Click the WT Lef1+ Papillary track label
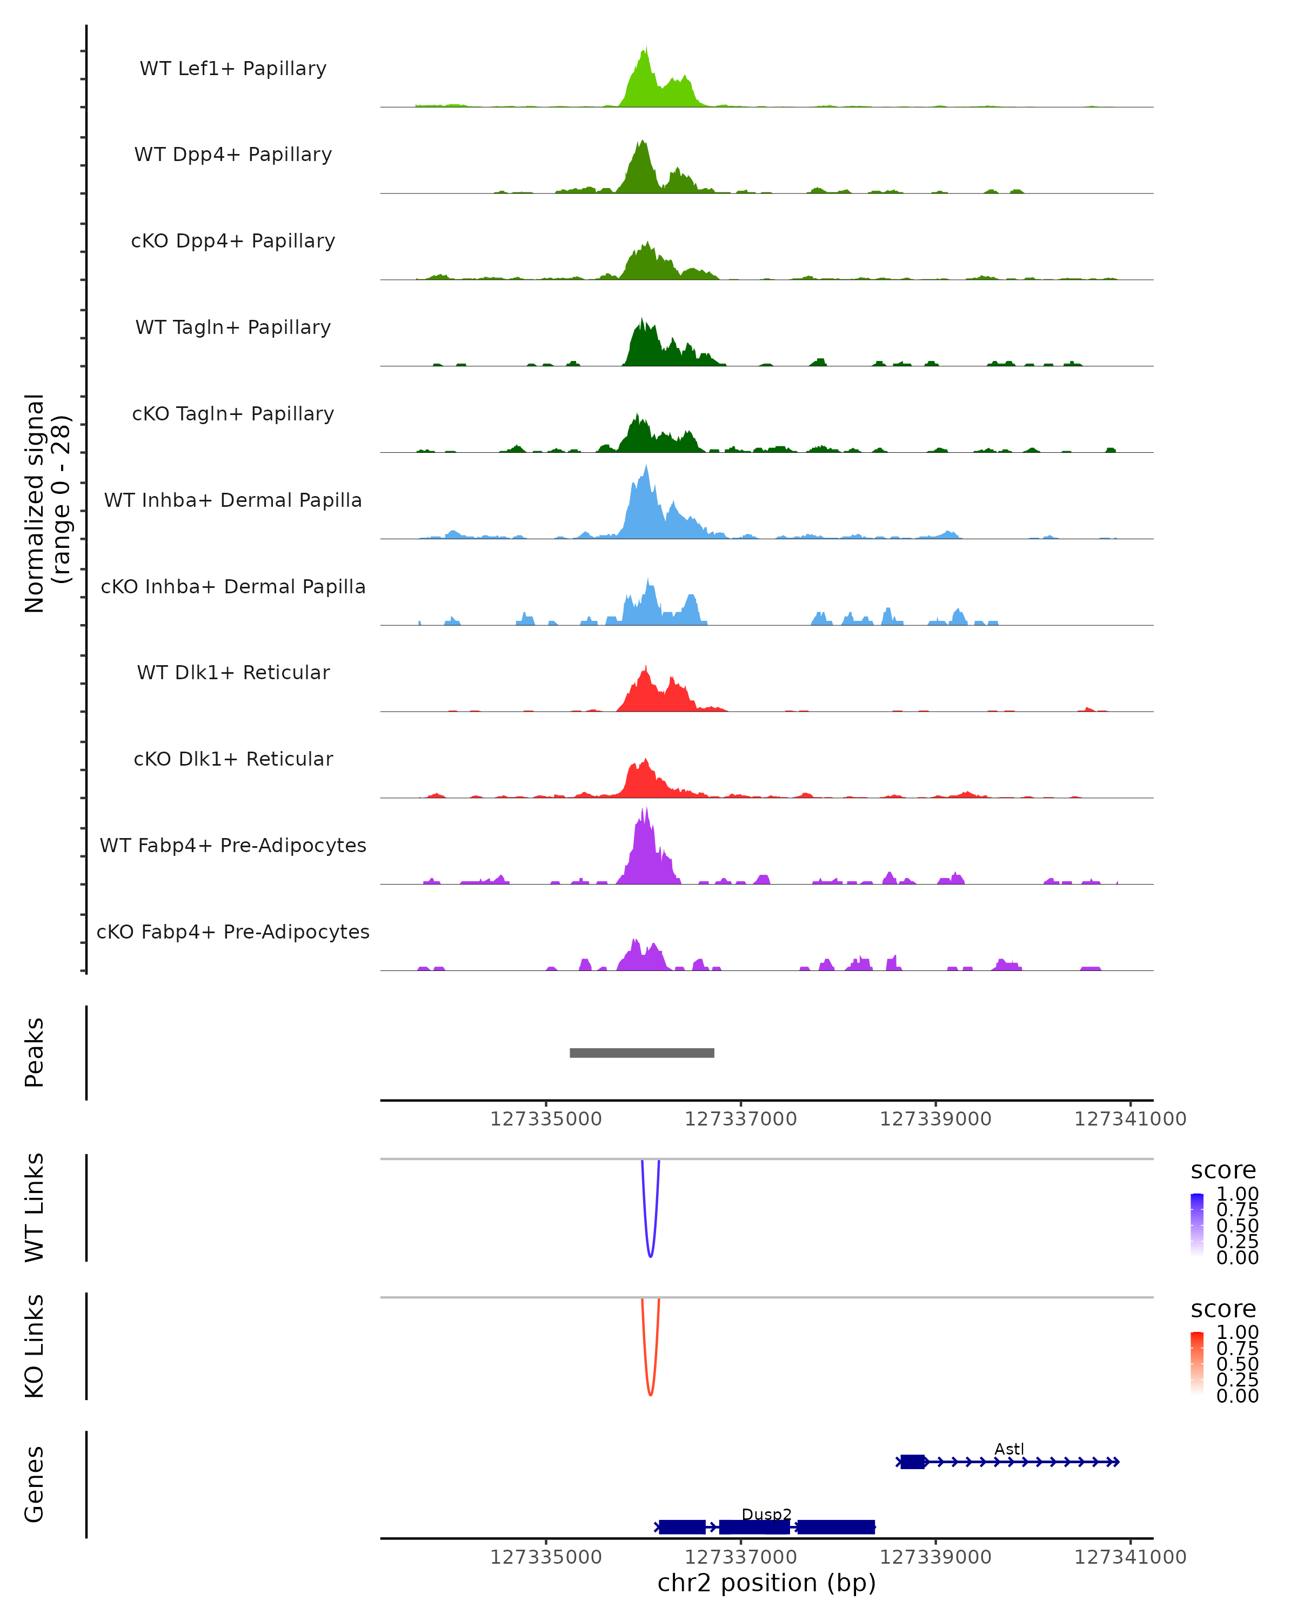click(x=233, y=69)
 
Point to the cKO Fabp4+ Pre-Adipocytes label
click(x=233, y=932)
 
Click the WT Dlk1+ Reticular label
click(x=233, y=672)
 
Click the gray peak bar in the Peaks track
click(x=641, y=1053)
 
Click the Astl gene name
click(x=1009, y=1449)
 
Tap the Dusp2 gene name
click(x=766, y=1514)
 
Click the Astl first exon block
click(x=913, y=1462)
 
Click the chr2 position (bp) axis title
click(x=766, y=1583)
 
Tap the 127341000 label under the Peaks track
click(x=1130, y=1119)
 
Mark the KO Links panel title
click(x=35, y=1346)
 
